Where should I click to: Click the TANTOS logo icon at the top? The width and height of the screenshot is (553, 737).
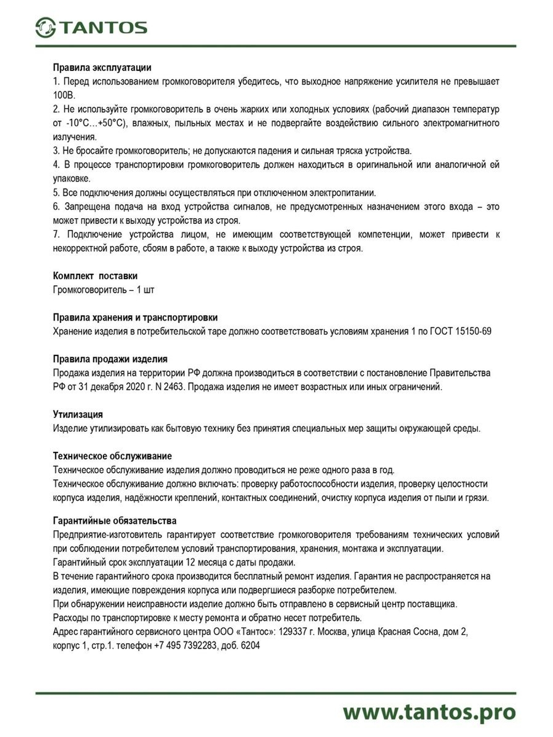click(x=45, y=27)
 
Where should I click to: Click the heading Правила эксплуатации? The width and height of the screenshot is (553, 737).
click(x=102, y=67)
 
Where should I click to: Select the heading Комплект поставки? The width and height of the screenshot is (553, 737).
click(x=95, y=276)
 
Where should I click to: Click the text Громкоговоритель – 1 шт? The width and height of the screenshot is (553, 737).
click(x=103, y=290)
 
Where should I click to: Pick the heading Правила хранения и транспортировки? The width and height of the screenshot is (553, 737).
click(x=135, y=317)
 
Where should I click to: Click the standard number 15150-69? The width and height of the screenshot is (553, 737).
click(x=473, y=331)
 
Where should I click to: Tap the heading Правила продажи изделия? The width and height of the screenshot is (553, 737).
click(x=110, y=359)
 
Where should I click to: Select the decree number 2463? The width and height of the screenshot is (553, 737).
click(x=174, y=387)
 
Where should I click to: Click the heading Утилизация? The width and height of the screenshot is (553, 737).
click(x=78, y=414)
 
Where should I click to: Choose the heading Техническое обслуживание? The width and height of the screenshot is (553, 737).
click(x=112, y=456)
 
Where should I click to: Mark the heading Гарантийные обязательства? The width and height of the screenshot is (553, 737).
click(x=114, y=521)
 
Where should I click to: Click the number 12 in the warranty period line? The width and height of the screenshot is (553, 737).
click(x=190, y=563)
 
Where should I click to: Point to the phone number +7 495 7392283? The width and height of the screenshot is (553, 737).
click(x=185, y=646)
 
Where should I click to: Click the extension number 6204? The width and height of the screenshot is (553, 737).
click(x=250, y=646)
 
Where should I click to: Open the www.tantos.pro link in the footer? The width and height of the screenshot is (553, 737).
click(x=429, y=712)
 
